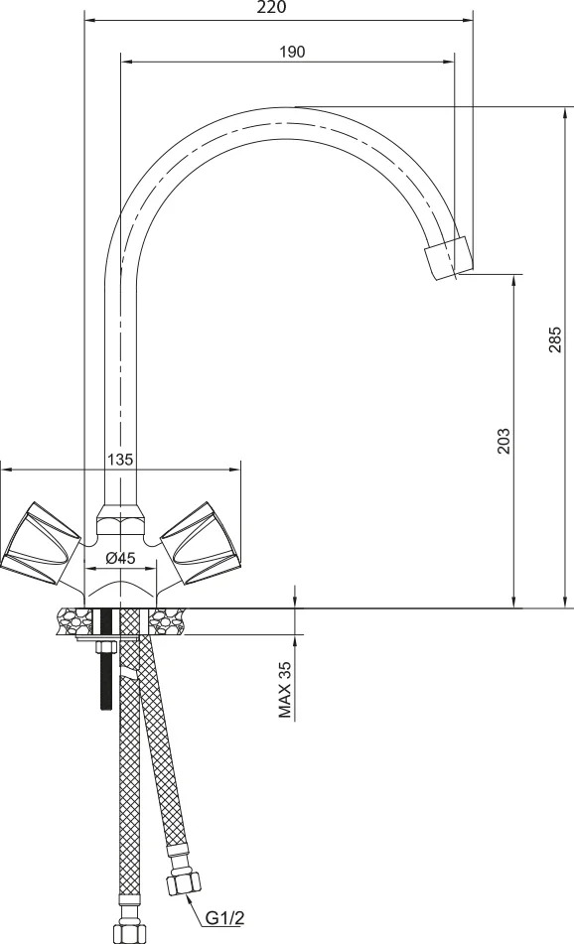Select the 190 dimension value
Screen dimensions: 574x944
click(292, 52)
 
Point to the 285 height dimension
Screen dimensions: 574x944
click(555, 338)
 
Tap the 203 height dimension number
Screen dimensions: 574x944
click(502, 441)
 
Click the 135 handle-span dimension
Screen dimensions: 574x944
click(119, 460)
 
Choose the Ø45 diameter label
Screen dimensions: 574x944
click(120, 558)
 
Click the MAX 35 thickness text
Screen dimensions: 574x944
click(284, 690)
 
